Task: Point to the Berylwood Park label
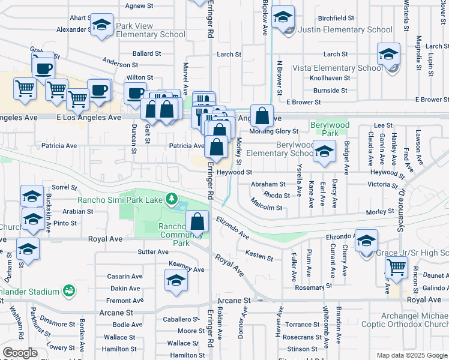pos(329,128)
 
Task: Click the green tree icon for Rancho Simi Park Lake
pos(172,197)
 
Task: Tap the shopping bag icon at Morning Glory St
pos(262,115)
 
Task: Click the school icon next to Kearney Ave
pos(175,281)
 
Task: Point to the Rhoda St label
pos(277,196)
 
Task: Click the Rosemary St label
pos(309,287)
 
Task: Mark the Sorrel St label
pos(61,187)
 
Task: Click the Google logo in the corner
pos(20,353)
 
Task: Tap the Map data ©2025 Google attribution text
pos(411,355)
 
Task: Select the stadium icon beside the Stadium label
pos(70,292)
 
